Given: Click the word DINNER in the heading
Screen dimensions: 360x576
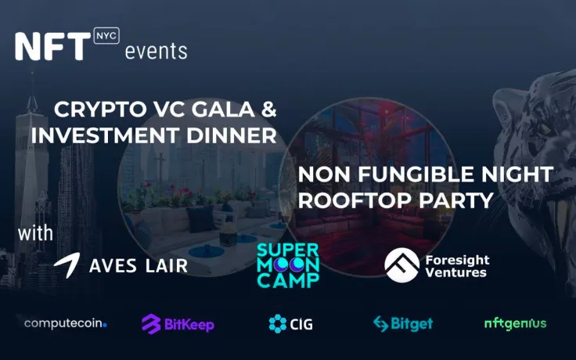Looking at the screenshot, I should coord(235,135).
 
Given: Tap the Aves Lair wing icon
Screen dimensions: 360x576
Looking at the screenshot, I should coord(67,265).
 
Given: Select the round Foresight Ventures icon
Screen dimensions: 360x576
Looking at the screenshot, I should coord(401,265).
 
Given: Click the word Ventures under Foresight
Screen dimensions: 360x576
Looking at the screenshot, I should coord(455,273).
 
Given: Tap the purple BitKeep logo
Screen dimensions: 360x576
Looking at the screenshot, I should coord(178,323).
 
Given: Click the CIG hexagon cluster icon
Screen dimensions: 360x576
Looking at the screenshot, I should coord(278,323).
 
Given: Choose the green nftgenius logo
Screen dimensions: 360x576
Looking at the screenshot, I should coord(515,322).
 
